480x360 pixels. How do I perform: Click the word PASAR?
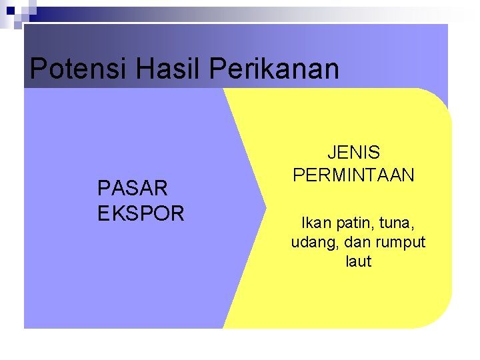click(133, 189)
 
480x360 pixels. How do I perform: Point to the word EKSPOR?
click(141, 213)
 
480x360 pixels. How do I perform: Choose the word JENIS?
click(354, 153)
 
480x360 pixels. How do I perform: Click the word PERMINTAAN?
click(354, 175)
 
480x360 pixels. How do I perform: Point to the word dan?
click(353, 241)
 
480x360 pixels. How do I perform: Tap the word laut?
click(358, 261)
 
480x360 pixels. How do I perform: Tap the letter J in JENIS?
click(332, 153)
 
